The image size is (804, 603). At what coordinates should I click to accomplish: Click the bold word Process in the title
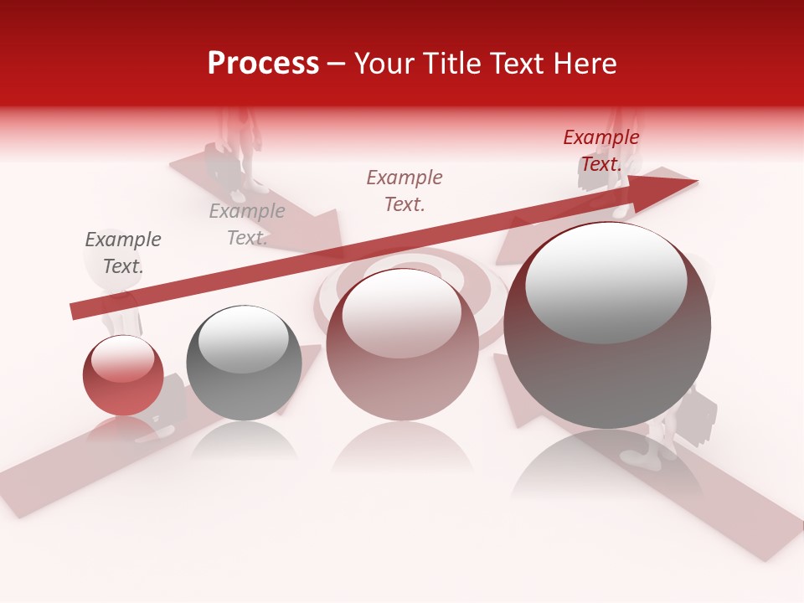pos(263,64)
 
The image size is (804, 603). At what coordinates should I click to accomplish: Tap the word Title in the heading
pos(455,64)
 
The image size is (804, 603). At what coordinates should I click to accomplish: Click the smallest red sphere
pos(123,377)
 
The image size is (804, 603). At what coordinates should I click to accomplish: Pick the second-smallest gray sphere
pos(244,363)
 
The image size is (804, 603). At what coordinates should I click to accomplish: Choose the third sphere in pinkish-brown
pos(402,344)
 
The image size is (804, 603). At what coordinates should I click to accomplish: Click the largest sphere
pos(607,326)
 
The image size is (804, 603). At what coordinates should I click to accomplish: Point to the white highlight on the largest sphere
pos(606,281)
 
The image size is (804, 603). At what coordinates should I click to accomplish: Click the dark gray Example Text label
pos(123,253)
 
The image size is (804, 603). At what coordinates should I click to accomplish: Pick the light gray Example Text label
pos(247,224)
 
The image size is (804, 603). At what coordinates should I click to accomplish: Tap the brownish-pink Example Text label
pos(405,190)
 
